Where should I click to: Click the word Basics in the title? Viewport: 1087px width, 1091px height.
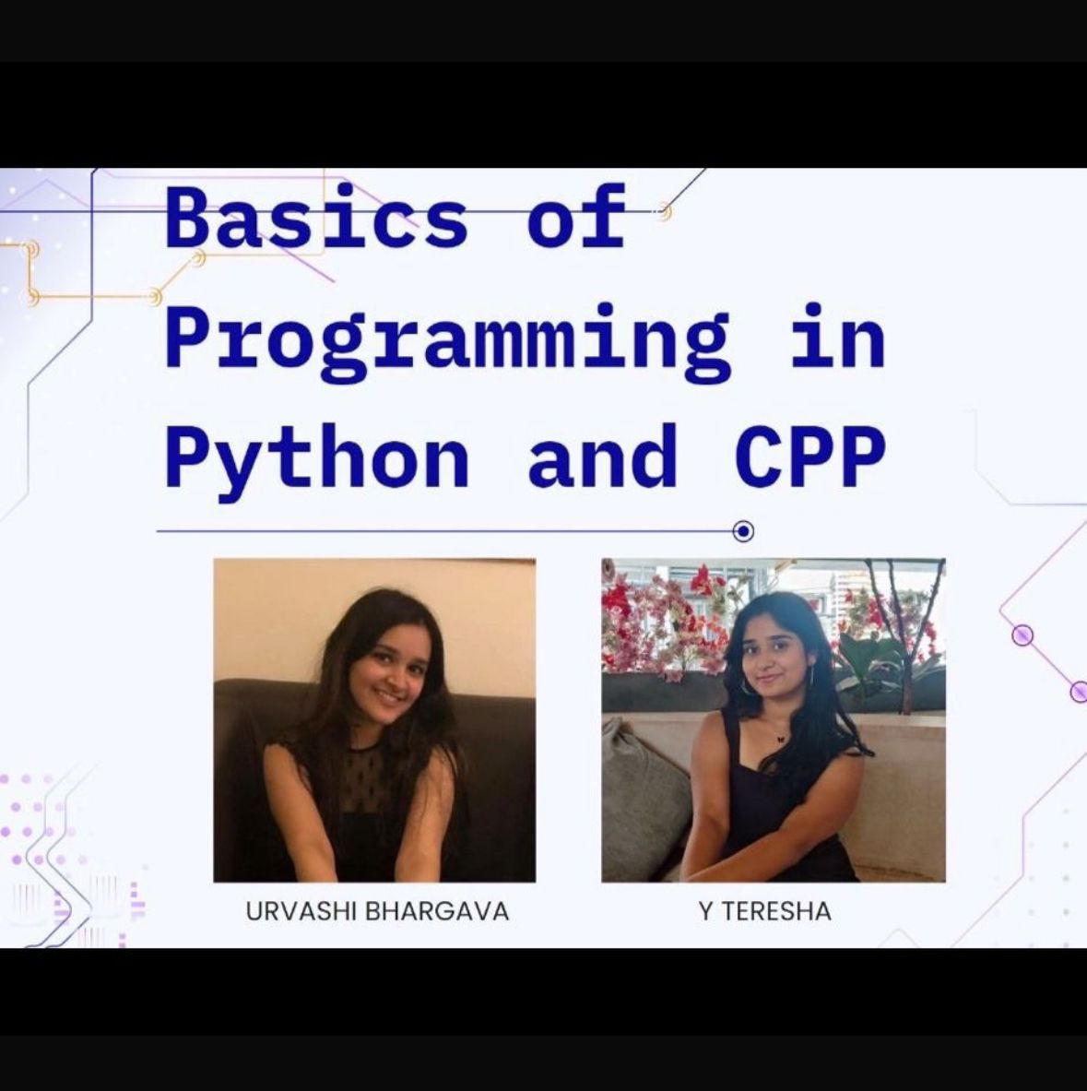[x=316, y=218]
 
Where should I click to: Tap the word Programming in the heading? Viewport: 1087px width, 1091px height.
[x=448, y=342]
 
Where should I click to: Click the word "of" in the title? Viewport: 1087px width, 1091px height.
[x=576, y=217]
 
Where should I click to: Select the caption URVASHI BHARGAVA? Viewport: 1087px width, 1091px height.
[x=378, y=911]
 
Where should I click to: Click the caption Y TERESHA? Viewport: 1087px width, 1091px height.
[x=765, y=911]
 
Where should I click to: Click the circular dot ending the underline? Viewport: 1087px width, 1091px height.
[x=743, y=531]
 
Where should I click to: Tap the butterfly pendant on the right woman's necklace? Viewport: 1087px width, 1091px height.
[x=780, y=738]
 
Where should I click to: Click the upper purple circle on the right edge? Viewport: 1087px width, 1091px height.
[x=1022, y=635]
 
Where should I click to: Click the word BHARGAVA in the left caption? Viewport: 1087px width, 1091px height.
[x=437, y=911]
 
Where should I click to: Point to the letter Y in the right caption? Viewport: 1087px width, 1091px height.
[x=706, y=911]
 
